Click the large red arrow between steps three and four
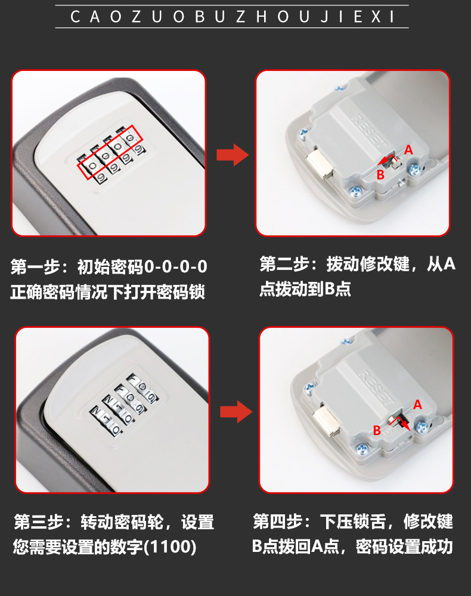point(236,411)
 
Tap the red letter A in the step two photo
point(408,150)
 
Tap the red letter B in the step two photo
point(380,175)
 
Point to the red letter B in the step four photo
point(377,430)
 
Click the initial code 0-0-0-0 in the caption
point(176,267)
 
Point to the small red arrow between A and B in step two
point(389,159)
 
